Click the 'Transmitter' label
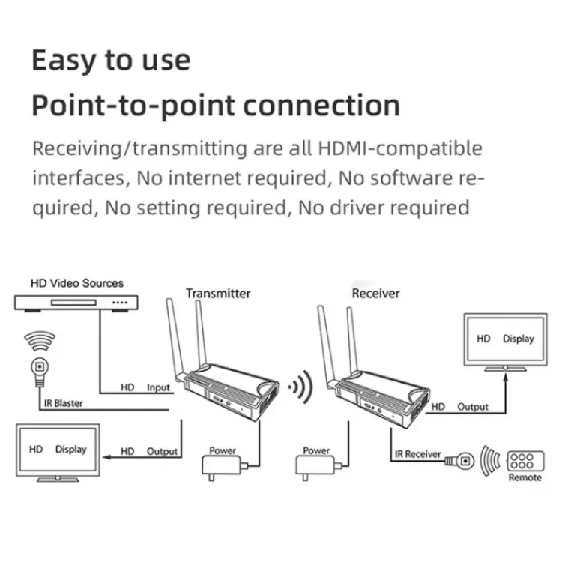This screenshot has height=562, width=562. pyautogui.click(x=218, y=293)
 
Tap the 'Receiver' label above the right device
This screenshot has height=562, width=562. pyautogui.click(x=375, y=293)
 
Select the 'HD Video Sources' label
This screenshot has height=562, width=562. pyautogui.click(x=76, y=283)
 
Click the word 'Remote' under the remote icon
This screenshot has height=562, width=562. pyautogui.click(x=525, y=477)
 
